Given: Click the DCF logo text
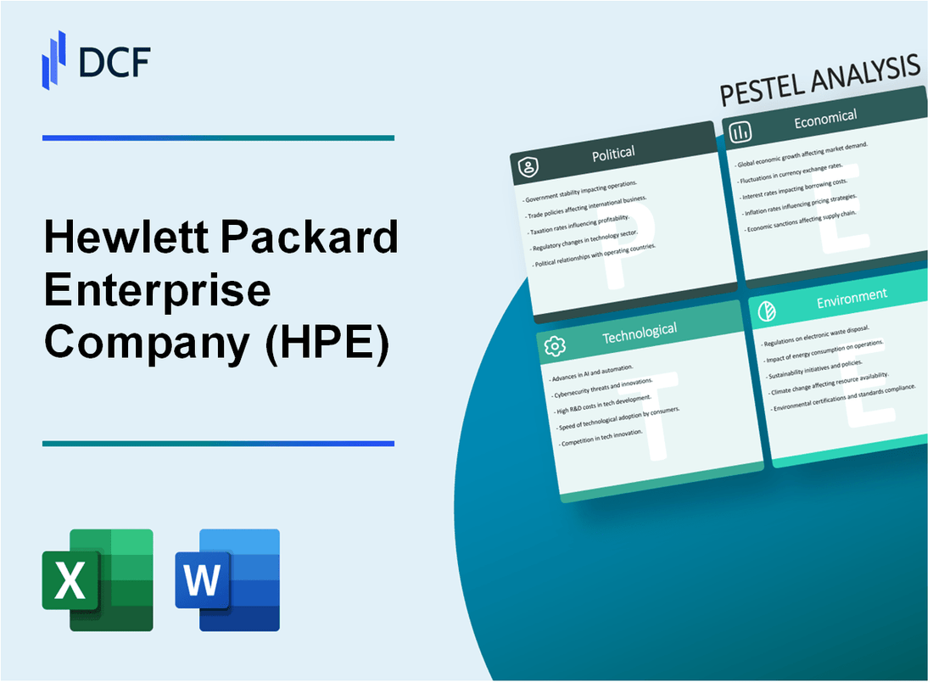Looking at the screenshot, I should point(114,61).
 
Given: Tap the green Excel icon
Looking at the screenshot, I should point(98,579).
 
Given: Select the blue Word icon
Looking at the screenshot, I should point(227,579).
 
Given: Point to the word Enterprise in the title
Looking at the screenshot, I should point(157,291).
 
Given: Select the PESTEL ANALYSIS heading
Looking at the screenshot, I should point(819,81).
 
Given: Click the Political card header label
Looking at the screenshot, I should point(614,154).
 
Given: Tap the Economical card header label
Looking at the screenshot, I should point(824,120).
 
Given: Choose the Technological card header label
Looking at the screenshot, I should point(639,333).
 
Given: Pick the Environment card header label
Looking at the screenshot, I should point(852,295).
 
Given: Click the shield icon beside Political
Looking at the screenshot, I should point(528,168).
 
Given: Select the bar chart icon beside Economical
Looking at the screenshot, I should point(740,132).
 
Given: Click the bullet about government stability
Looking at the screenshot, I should point(581,191).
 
